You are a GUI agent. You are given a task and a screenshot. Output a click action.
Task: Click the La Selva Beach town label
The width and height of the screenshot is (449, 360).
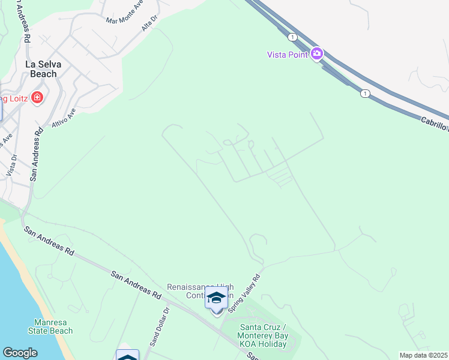pos(41,68)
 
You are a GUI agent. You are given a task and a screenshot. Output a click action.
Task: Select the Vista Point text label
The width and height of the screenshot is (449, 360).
pos(288,55)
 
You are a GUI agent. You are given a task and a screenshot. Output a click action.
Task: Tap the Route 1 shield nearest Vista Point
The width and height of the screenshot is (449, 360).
pos(292,37)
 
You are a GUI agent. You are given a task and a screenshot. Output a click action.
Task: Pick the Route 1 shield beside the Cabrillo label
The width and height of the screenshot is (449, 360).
pos(364,93)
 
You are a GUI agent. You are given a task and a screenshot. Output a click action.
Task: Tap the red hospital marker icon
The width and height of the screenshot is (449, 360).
pos(37,97)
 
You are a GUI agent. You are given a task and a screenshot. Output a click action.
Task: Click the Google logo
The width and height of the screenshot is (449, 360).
pos(20,353)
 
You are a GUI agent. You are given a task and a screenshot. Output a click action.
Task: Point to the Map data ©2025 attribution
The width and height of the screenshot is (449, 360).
pos(423,355)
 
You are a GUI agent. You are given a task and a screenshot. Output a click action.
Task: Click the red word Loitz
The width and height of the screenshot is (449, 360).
pos(18,98)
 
